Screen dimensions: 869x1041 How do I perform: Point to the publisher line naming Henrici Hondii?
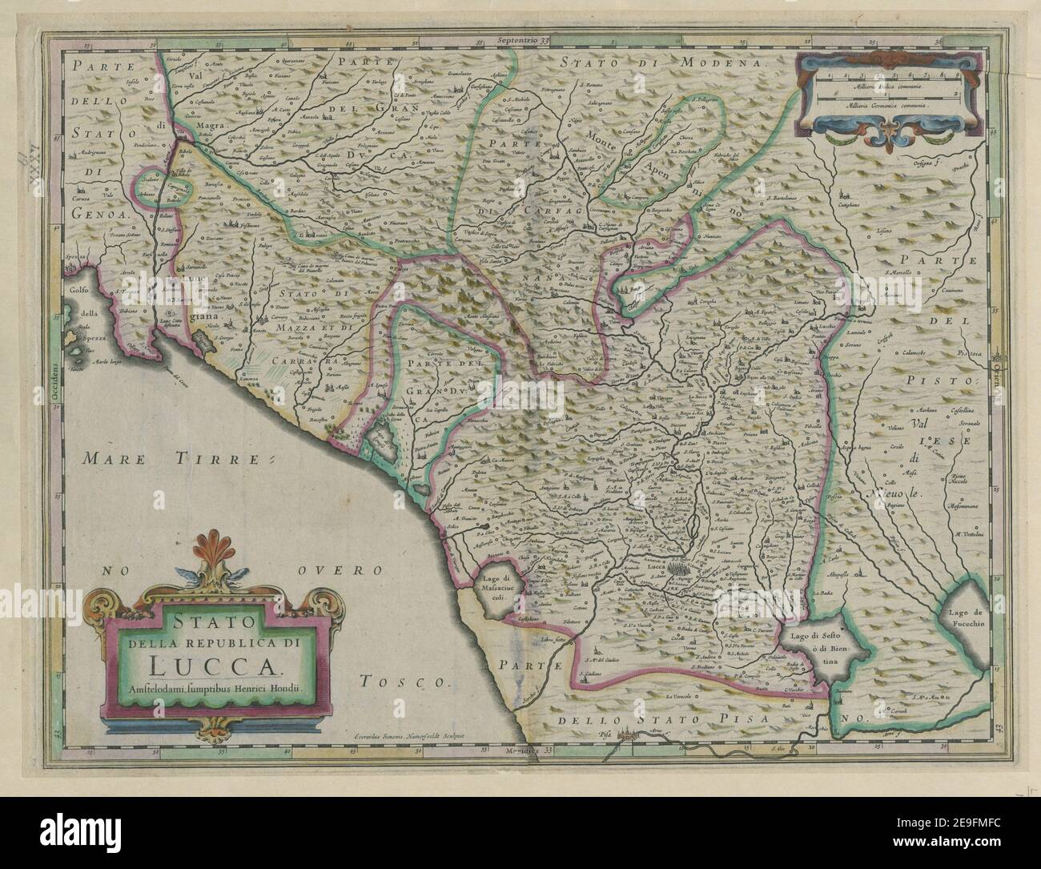[211, 687]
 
